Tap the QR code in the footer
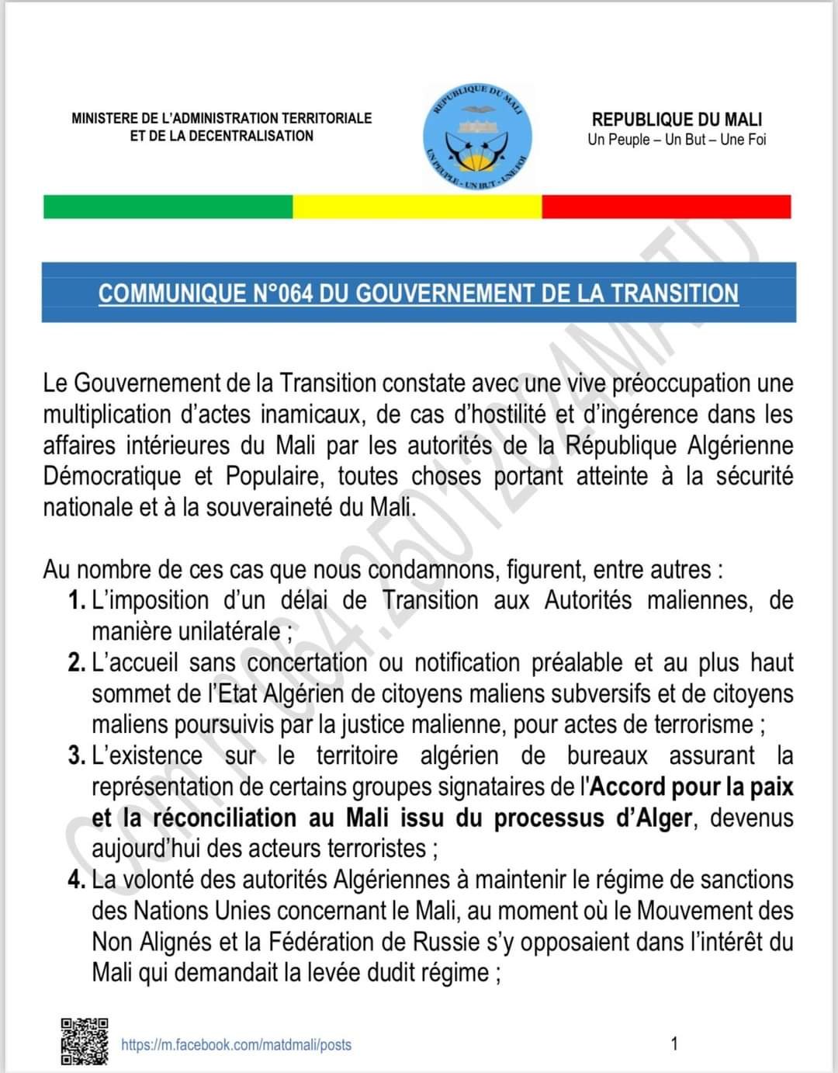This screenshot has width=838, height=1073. (85, 1041)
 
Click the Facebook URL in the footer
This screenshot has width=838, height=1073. (236, 1045)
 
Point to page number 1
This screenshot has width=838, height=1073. (674, 1043)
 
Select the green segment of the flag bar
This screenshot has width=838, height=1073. (168, 207)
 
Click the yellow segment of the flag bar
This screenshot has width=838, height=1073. (417, 207)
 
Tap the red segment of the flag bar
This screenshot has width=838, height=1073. (666, 207)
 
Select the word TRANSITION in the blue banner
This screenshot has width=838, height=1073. (674, 293)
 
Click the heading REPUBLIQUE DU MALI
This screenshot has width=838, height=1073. (677, 120)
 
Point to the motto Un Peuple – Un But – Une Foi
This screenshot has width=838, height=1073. (677, 140)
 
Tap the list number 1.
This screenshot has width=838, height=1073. (75, 600)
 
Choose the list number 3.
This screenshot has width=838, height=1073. (75, 755)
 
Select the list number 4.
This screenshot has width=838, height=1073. (75, 880)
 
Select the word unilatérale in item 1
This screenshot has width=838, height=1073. (231, 631)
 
